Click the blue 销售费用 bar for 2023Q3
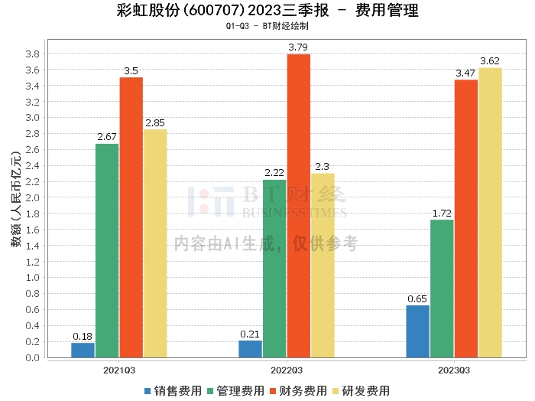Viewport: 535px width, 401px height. click(417, 331)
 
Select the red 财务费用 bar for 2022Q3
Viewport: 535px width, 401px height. click(299, 206)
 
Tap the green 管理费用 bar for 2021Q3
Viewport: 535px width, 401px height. click(107, 251)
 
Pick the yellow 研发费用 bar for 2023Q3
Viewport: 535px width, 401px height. click(490, 213)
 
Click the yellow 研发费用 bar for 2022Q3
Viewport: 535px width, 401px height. click(323, 266)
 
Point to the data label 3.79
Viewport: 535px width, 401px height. click(298, 47)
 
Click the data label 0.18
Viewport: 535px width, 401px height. click(83, 337)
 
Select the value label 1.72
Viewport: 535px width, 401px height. click(442, 214)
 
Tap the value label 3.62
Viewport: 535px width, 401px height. click(490, 61)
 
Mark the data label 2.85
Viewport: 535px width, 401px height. click(155, 123)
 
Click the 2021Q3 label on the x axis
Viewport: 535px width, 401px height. click(119, 370)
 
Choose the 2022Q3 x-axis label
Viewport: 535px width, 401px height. click(287, 370)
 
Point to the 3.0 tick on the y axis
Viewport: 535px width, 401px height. click(32, 118)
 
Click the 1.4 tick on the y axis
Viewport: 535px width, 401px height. click(32, 246)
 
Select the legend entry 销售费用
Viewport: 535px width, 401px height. click(173, 391)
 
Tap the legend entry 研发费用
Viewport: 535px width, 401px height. click(361, 391)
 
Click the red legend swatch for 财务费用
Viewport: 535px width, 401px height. click(273, 391)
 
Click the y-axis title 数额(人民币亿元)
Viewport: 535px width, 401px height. click(16, 199)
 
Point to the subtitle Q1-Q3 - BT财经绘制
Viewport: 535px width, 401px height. click(267, 26)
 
